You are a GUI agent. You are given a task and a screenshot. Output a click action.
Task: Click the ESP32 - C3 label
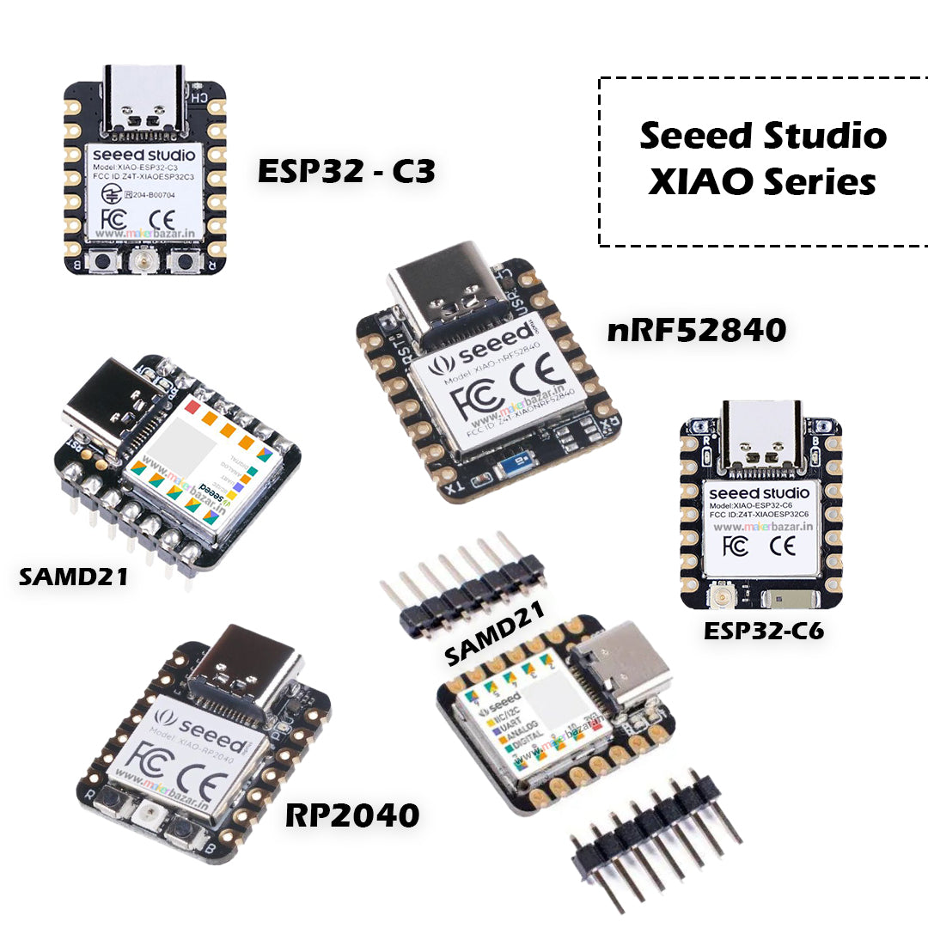pos(347,172)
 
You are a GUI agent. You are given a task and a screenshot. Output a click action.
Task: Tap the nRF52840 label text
pos(697,329)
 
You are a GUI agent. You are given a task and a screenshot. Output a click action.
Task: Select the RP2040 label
pos(352,815)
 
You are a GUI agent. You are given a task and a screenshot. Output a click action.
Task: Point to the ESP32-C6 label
pos(764,632)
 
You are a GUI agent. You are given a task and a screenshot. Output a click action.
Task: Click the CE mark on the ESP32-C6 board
pos(781,546)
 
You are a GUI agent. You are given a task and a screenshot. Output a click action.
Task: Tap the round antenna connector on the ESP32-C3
pos(143,263)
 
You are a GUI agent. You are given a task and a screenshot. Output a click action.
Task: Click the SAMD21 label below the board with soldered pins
pos(73,576)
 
